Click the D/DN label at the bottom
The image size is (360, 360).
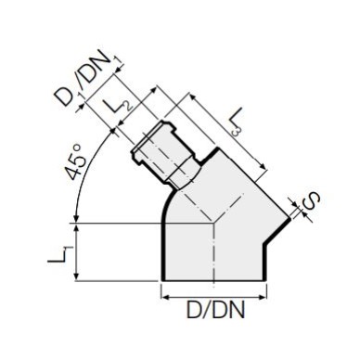(216, 310)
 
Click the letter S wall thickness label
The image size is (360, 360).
(310, 201)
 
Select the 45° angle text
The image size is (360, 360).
(75, 163)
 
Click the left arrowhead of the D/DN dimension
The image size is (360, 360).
(165, 298)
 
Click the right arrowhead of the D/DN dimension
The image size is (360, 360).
(263, 298)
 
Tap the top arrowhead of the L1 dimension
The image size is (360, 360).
(75, 226)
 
